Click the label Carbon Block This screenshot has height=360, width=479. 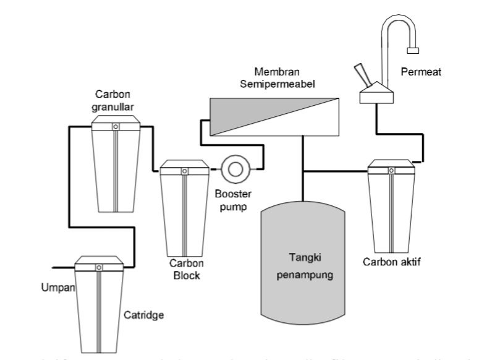(x=184, y=270)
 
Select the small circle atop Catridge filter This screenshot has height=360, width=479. (x=98, y=267)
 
